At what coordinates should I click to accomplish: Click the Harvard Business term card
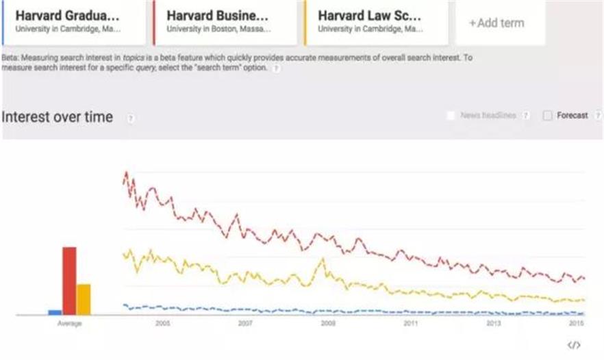[x=222, y=22]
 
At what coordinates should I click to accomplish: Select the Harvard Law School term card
[x=374, y=22]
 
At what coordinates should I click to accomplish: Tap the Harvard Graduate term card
[x=73, y=22]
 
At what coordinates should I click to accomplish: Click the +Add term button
[x=496, y=23]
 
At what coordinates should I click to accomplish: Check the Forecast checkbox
[x=547, y=116]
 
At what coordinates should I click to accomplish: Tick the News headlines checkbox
[x=450, y=116]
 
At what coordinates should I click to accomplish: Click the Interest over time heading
[x=57, y=117]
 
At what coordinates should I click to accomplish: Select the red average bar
[x=69, y=280]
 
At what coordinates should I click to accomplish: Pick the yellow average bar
[x=84, y=298]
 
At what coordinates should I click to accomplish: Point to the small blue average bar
[x=54, y=312]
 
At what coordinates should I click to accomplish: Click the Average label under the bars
[x=69, y=324]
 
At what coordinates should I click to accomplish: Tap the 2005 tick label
[x=162, y=324]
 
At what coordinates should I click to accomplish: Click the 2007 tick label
[x=245, y=324]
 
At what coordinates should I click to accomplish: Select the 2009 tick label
[x=328, y=324]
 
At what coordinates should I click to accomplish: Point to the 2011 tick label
[x=410, y=324]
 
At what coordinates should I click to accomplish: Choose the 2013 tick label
[x=493, y=324]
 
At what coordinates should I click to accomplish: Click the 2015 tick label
[x=576, y=324]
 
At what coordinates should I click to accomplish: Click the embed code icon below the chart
[x=575, y=345]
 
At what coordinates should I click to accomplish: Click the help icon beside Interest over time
[x=130, y=118]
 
